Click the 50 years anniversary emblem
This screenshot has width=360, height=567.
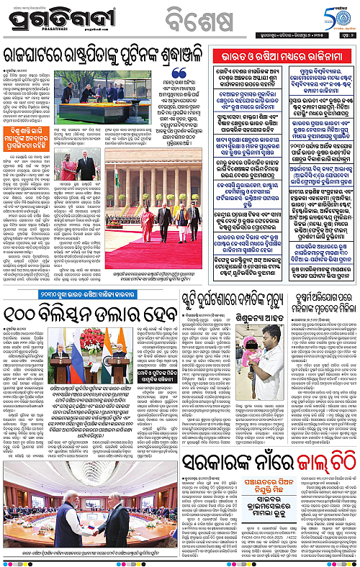point(333,14)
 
